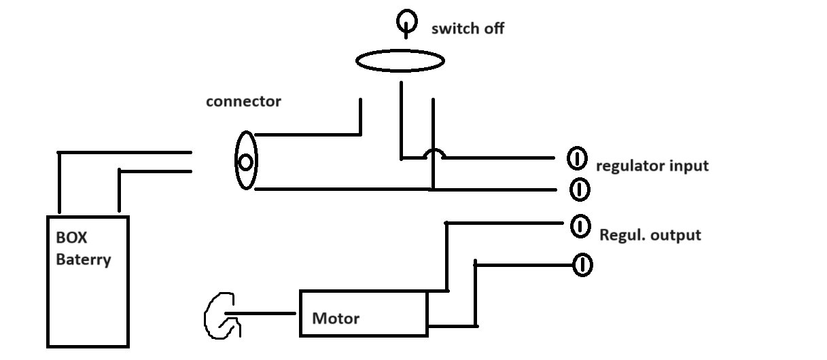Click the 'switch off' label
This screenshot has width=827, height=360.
pos(468,29)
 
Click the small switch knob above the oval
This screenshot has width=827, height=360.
pos(406,23)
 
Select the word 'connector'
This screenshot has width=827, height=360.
pos(243,102)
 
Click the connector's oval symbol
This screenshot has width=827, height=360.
pos(245,162)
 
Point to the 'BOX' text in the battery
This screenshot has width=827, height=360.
pos(72,240)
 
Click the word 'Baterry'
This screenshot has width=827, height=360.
pos(83,259)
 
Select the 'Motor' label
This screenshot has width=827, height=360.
pos(336,318)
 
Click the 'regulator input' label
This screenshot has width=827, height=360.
pos(652,166)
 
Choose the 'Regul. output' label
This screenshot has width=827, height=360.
pos(650,236)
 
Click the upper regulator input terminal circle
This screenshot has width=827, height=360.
pos(576,159)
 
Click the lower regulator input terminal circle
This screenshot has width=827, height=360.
pos(579,188)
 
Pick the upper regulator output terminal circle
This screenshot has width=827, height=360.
pos(580,226)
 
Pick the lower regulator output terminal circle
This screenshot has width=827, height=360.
pos(582,264)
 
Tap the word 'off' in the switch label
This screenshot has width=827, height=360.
pos(491,29)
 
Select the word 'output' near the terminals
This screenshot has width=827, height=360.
pos(675,236)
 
